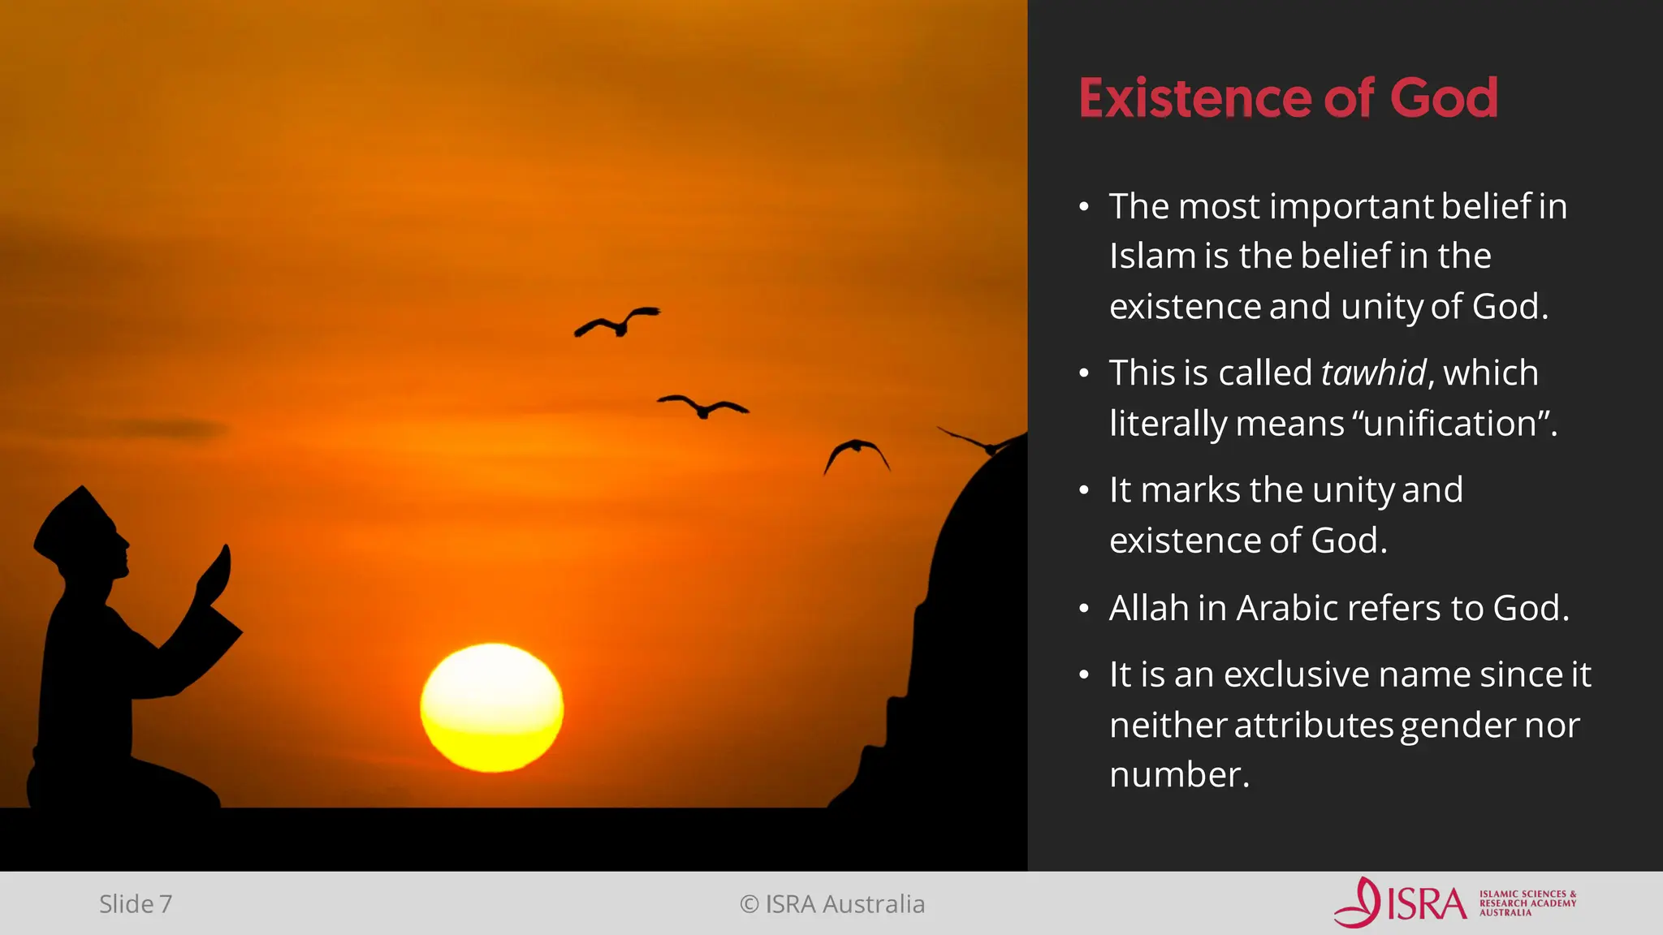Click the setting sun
click(x=491, y=707)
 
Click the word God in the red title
click(x=1443, y=98)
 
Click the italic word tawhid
click(x=1372, y=373)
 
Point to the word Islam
click(x=1152, y=256)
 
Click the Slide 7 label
click(x=136, y=904)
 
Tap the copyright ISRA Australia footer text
click(x=832, y=904)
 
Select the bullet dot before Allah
click(x=1084, y=609)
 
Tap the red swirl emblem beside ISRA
click(x=1359, y=903)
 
